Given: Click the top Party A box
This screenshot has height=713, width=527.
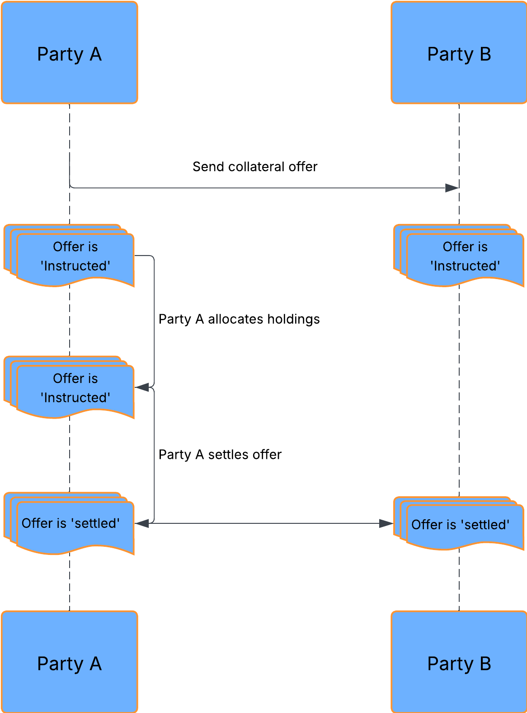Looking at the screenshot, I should coord(69,53).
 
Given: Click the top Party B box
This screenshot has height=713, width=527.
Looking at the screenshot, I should coord(459,53).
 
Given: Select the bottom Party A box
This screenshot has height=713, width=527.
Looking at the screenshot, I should coord(69,662).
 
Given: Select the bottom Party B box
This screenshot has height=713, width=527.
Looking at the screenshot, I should coord(459,662).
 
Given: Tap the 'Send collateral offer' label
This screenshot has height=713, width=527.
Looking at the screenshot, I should coord(255,167).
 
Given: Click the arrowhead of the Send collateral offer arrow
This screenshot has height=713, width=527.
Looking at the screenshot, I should coord(452,188).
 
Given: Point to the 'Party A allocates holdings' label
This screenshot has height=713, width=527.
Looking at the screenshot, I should coord(239,319).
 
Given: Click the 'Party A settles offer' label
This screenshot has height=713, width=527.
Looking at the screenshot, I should coord(220,455).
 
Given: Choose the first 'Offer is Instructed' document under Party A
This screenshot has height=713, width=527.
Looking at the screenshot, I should coord(75,256).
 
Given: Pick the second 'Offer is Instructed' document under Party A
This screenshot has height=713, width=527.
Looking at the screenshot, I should coord(75,388).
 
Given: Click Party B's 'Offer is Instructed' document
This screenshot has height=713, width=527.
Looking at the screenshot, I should coord(465,256).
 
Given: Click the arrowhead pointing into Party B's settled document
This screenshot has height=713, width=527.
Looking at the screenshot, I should coord(386,523).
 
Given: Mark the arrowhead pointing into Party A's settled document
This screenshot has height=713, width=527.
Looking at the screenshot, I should coord(142,523).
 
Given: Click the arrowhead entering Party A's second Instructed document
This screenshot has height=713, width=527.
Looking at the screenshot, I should coord(142,387).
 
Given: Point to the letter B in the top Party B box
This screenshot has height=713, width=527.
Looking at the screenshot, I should coord(485,54).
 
